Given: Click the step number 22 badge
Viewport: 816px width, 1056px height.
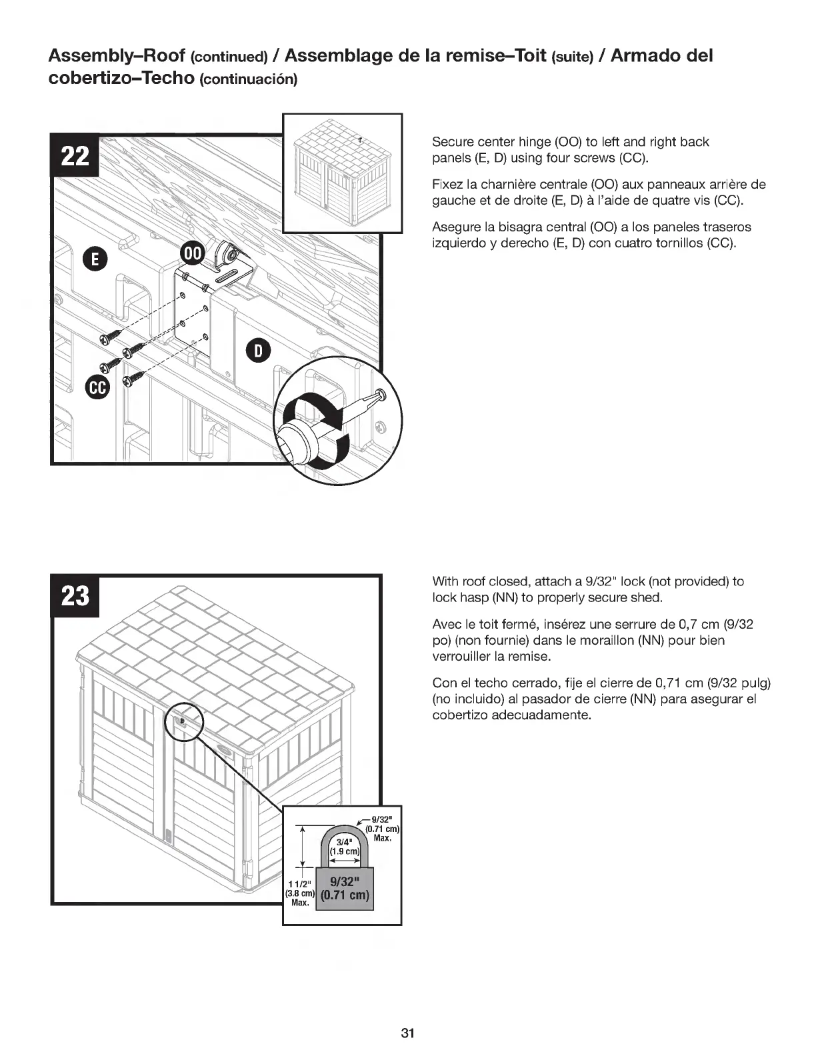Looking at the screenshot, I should (75, 157).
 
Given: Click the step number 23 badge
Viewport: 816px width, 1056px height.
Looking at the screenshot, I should (75, 595).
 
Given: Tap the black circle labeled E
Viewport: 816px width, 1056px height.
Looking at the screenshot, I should (94, 259).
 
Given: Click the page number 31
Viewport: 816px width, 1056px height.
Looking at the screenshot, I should (408, 1033).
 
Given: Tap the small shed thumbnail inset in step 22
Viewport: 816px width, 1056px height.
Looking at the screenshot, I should (343, 173).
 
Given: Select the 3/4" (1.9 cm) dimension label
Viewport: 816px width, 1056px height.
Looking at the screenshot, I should (344, 846).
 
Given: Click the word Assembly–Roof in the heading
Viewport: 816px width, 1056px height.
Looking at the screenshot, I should (117, 56).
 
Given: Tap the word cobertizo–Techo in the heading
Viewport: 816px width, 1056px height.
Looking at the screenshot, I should (121, 78).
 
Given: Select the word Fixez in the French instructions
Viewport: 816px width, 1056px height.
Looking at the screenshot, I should (448, 185).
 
